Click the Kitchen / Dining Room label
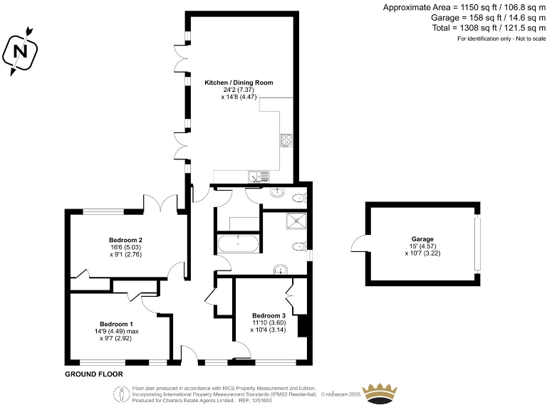(239, 83)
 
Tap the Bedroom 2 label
(125, 240)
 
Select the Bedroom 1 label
(116, 324)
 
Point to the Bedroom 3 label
(269, 315)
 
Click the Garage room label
(422, 239)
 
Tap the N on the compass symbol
(20, 51)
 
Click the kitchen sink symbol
(259, 177)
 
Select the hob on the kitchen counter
(287, 141)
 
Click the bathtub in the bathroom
(239, 243)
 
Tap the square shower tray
(296, 221)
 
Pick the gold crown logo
(380, 394)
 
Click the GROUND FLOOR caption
(94, 374)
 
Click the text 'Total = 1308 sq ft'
(464, 28)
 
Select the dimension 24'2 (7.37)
(239, 90)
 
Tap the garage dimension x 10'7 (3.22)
(422, 253)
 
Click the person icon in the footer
(121, 394)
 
